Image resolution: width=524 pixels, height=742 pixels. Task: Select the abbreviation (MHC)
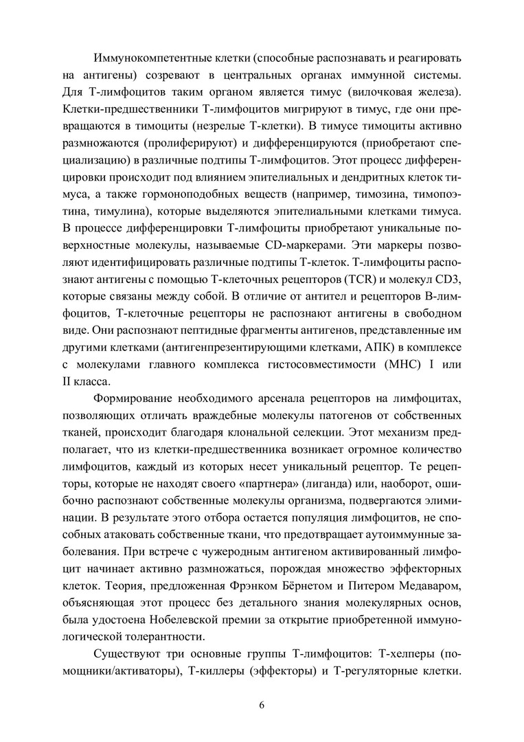pyautogui.click(x=385, y=363)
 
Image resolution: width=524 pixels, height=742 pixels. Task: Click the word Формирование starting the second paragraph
pyautogui.click(x=144, y=400)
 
